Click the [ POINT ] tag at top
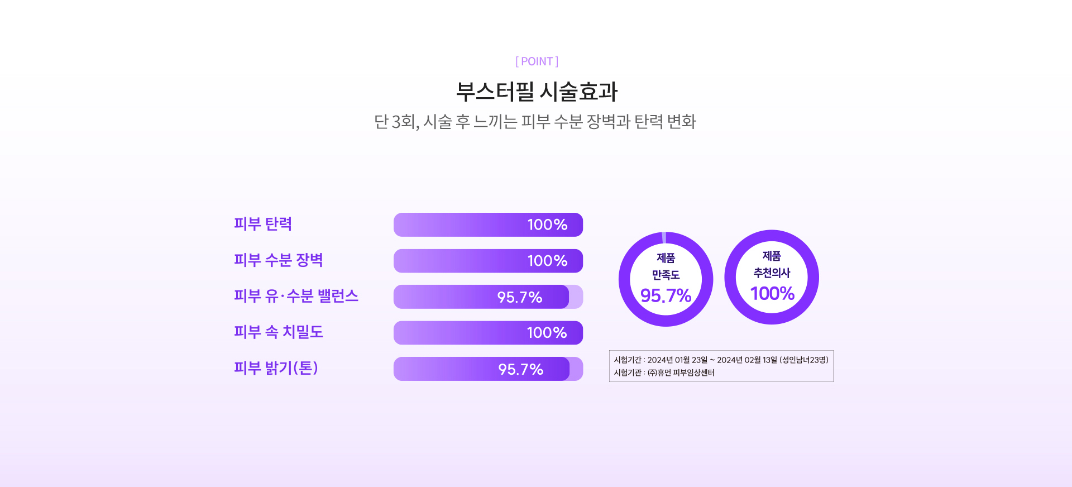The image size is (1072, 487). [537, 61]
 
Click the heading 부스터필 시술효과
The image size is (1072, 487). [537, 92]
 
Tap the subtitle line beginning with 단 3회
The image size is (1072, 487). [535, 121]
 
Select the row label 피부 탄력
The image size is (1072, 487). [263, 224]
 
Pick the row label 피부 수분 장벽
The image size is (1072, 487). [279, 260]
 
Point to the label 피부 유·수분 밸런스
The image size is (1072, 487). [296, 296]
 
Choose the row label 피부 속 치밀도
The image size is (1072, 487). [279, 332]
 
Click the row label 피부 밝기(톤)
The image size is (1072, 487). [276, 368]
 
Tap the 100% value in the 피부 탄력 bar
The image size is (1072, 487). [547, 225]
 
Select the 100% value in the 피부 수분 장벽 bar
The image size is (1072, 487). [547, 261]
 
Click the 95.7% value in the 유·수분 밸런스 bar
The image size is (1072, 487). [520, 297]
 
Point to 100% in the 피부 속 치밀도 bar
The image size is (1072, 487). [547, 333]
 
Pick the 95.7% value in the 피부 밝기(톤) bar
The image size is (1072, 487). [521, 369]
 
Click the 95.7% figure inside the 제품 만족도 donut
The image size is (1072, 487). [666, 295]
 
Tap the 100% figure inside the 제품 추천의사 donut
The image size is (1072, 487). [772, 293]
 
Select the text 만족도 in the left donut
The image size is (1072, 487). [666, 275]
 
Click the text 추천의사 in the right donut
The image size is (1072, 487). [772, 273]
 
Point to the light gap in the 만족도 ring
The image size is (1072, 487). [664, 237]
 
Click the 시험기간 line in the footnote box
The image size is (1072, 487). [721, 360]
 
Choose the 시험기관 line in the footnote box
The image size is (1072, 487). [664, 373]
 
